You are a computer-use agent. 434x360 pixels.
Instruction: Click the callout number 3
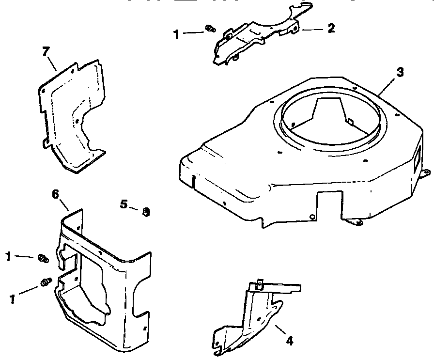400,72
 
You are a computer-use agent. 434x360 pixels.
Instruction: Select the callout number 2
331,29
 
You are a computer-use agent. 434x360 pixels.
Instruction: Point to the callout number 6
55,194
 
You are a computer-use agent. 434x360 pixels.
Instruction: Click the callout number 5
124,204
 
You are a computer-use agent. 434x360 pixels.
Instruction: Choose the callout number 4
289,341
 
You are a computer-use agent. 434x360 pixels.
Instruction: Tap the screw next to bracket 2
210,29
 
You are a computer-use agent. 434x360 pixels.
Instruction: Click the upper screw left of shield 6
42,258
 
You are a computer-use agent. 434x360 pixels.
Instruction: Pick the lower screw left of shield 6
46,281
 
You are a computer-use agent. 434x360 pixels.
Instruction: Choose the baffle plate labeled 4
252,320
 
